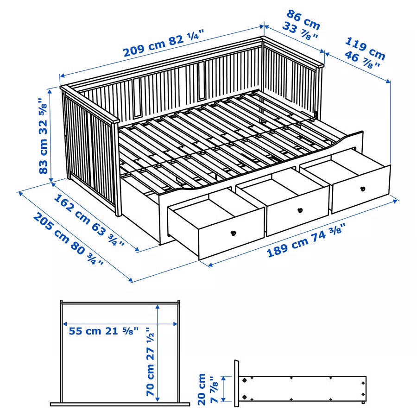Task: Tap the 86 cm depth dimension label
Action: (x=304, y=19)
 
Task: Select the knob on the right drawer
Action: (x=362, y=189)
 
